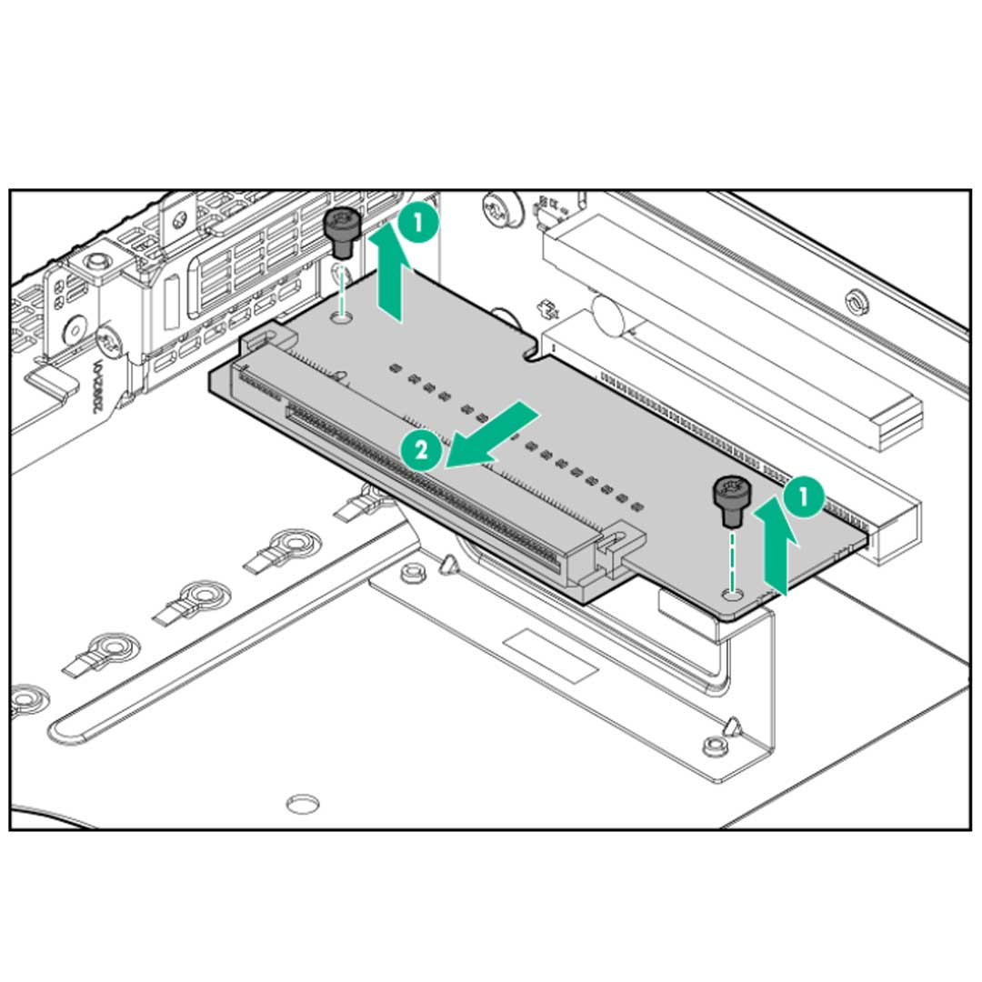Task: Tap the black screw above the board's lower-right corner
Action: [729, 501]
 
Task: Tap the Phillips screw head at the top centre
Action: [498, 210]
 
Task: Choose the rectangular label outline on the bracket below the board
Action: [551, 654]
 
